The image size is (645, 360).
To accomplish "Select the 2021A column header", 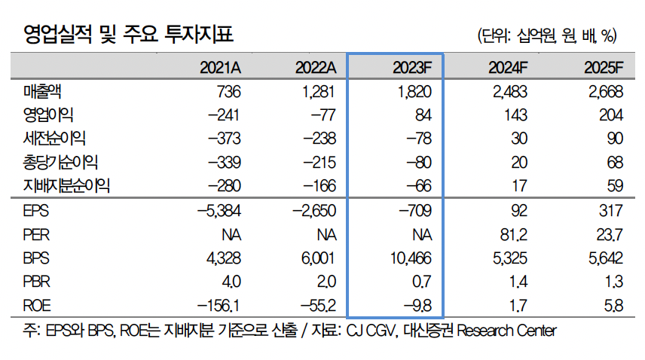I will coord(220,68).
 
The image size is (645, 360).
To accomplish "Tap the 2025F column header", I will coord(604,68).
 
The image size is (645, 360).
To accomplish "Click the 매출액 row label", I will coord(43,92).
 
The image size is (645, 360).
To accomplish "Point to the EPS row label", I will coord(37,211).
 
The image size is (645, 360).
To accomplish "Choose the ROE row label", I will coord(38,306).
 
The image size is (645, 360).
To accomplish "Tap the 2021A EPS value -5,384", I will coord(218,211).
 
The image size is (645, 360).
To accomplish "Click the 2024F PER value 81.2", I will coord(510,234).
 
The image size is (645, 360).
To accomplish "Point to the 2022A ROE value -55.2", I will coord(315,306).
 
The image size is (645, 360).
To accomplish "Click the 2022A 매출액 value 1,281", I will coord(315,92).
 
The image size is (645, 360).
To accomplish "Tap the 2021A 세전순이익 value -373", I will coord(223,139).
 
